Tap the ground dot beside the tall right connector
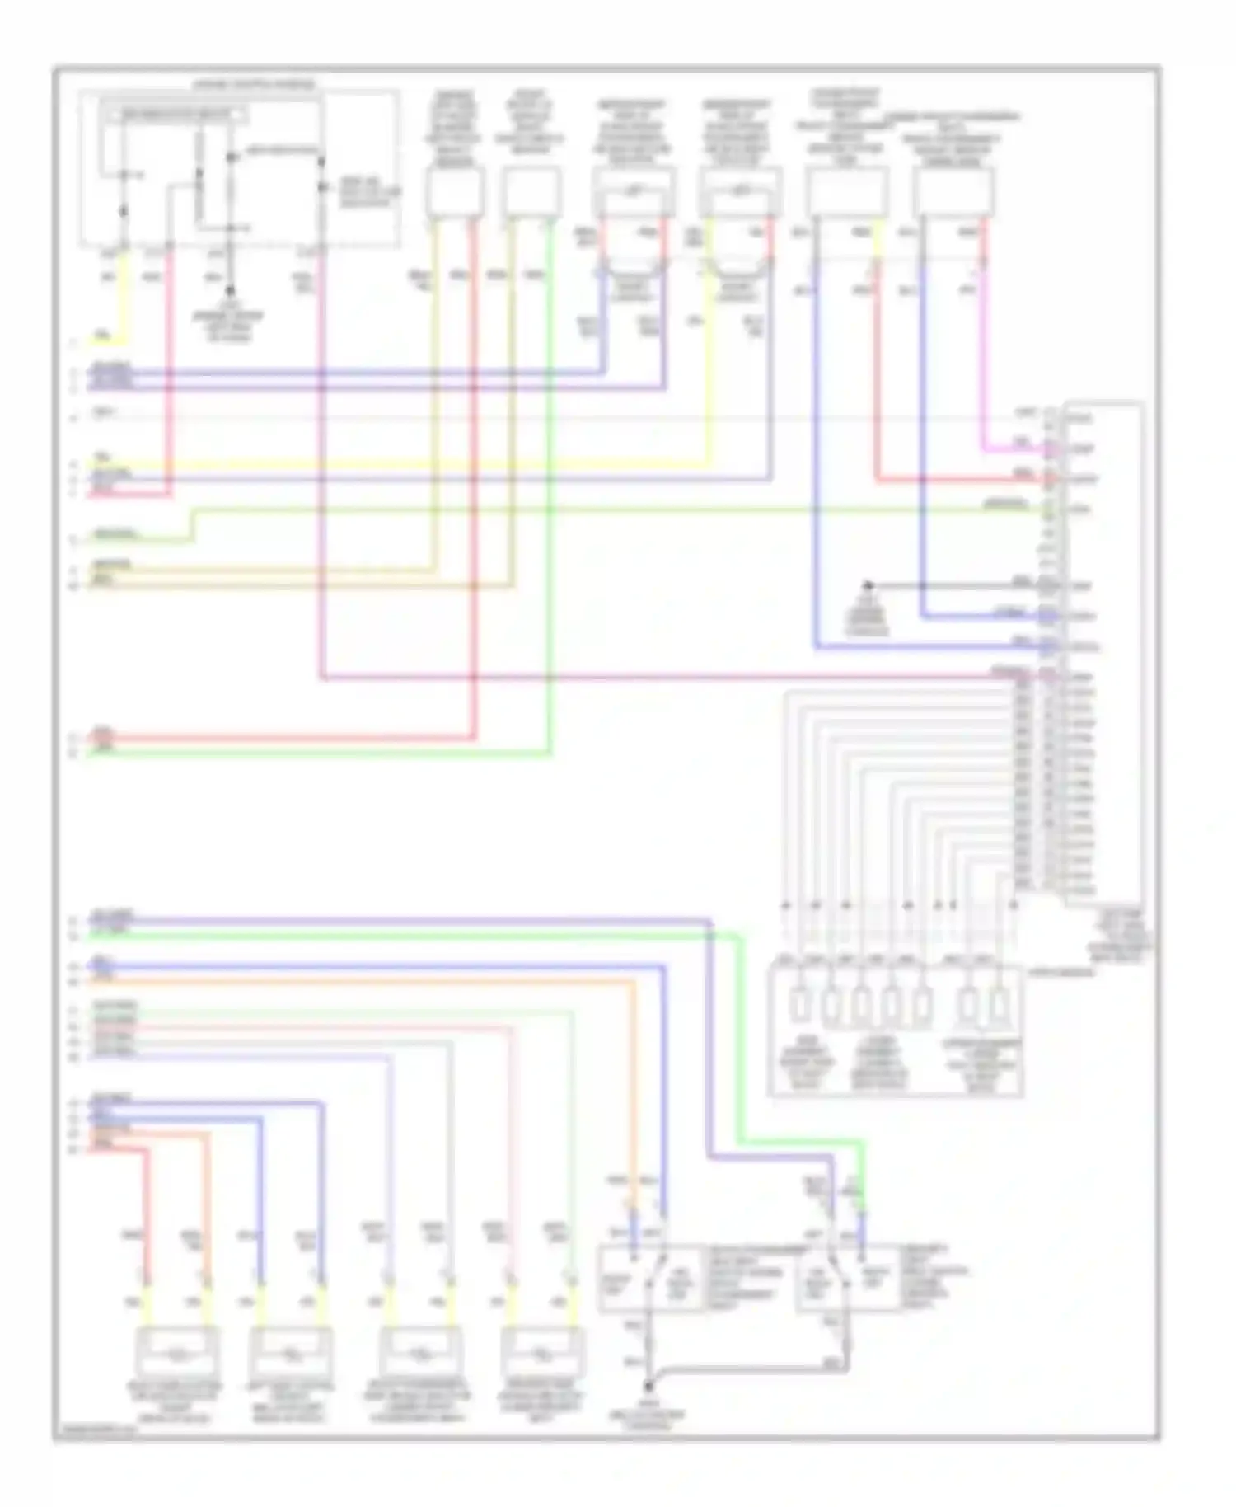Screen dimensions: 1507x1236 867,585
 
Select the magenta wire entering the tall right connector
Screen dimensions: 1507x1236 1014,450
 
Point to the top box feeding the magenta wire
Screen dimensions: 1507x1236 953,194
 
